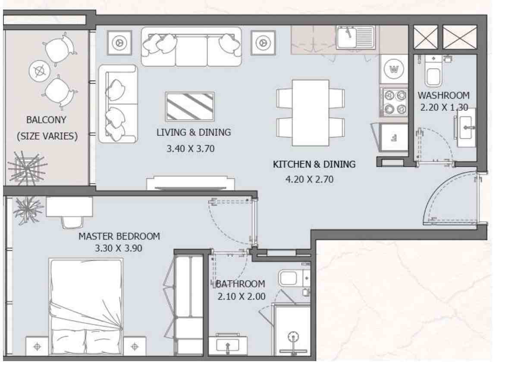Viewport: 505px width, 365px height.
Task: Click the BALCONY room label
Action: (x=46, y=119)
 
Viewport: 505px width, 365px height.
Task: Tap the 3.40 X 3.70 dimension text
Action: (x=190, y=149)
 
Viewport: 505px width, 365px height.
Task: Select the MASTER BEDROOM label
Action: (x=119, y=236)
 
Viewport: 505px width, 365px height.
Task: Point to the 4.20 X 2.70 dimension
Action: (x=309, y=179)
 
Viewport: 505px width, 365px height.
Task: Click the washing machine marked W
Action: (x=393, y=69)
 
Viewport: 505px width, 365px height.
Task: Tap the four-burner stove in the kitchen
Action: (x=393, y=102)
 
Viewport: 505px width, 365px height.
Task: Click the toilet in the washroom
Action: (x=433, y=72)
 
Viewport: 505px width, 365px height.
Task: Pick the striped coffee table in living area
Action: (x=190, y=106)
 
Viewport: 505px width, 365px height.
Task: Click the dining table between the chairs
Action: (x=311, y=112)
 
